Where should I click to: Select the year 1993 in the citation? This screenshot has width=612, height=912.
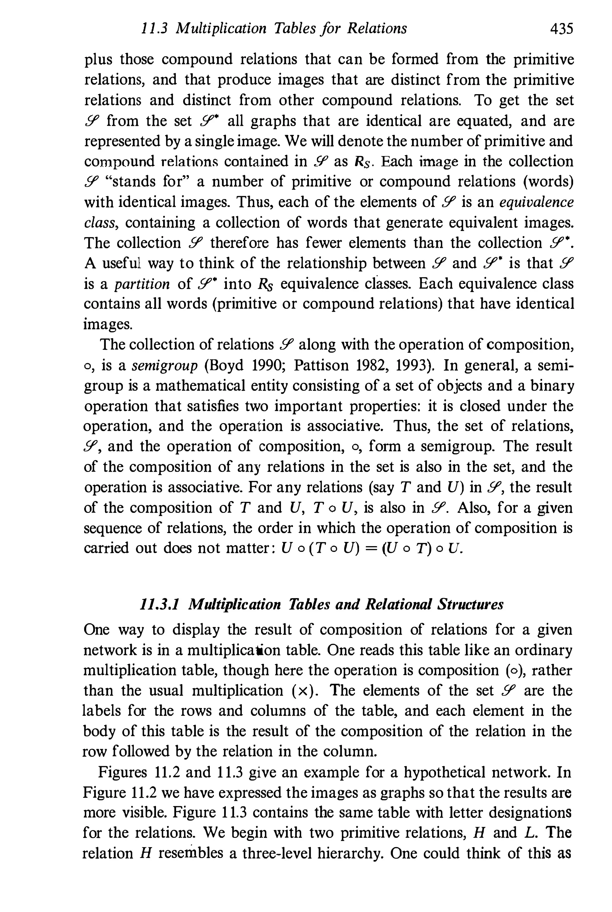[x=414, y=365]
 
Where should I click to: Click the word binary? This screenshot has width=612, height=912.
[x=551, y=386]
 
